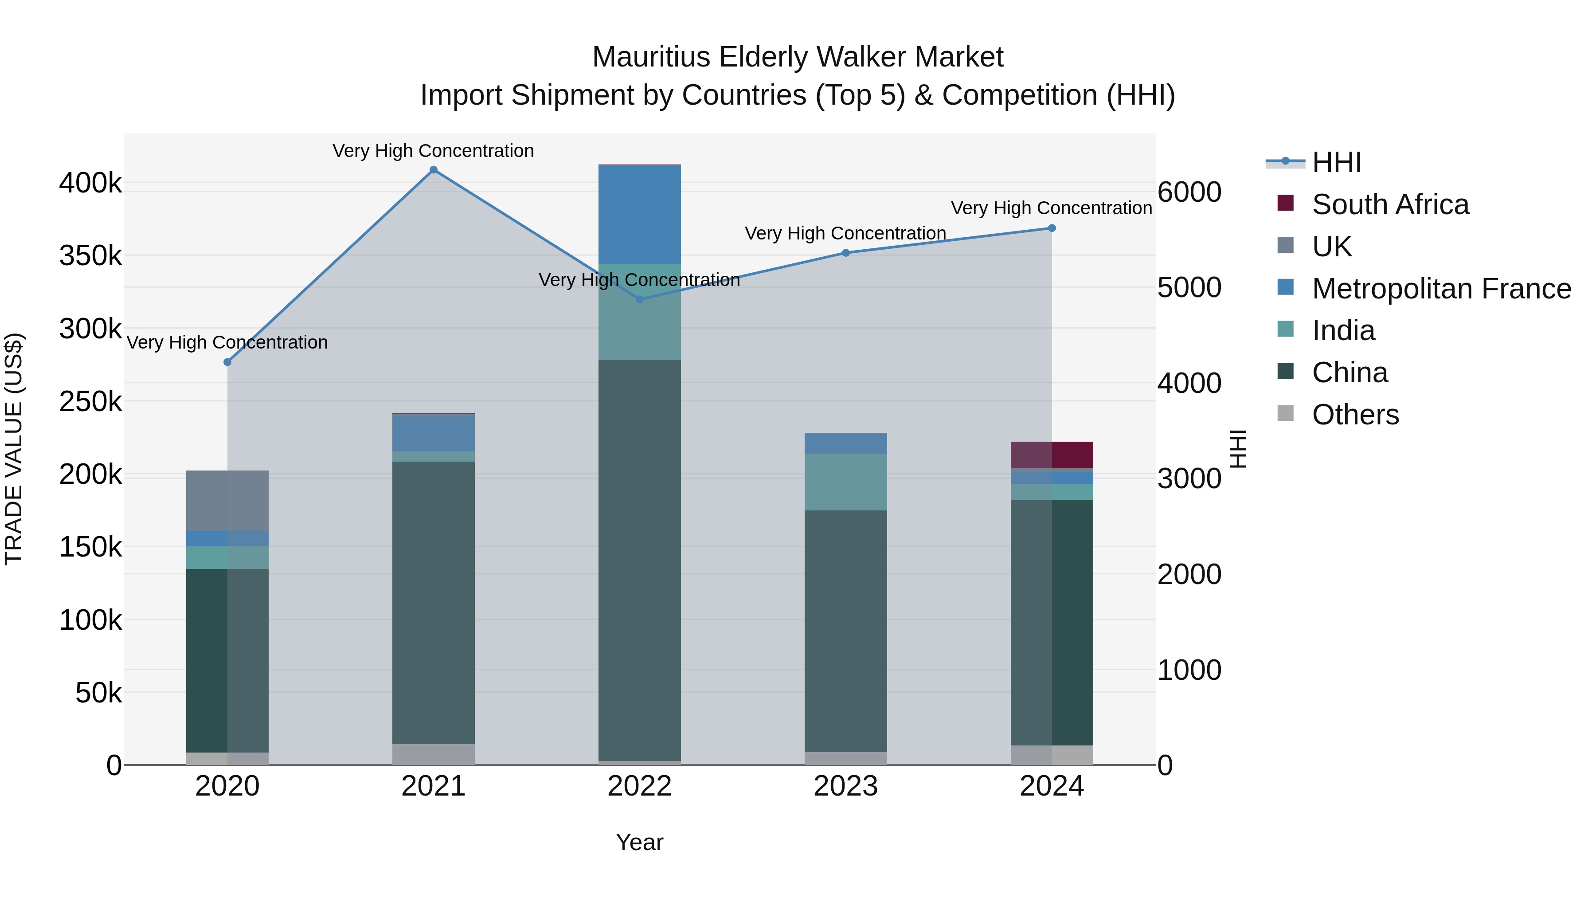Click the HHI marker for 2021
tap(433, 170)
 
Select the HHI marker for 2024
tap(1052, 228)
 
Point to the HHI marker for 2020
tap(227, 362)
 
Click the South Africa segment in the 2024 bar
tap(1052, 455)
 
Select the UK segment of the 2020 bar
tap(227, 501)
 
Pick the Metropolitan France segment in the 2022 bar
tap(639, 215)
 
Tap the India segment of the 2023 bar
tap(846, 482)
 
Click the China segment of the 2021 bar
tap(433, 602)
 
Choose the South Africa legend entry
tap(1390, 204)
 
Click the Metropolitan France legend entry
tap(1441, 289)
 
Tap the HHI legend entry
tap(1336, 162)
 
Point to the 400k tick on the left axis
tap(90, 184)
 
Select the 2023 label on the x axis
tap(846, 786)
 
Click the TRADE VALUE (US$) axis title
tap(14, 449)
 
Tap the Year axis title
tap(639, 842)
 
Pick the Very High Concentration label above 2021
tap(433, 151)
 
